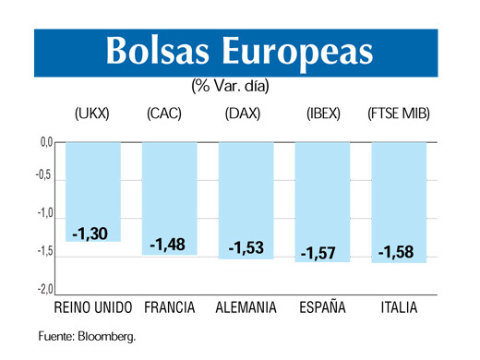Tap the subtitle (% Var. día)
(x=236, y=86)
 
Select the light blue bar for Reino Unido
(x=93, y=185)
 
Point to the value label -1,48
(x=168, y=245)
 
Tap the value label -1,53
(x=246, y=247)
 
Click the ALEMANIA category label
(x=246, y=307)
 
